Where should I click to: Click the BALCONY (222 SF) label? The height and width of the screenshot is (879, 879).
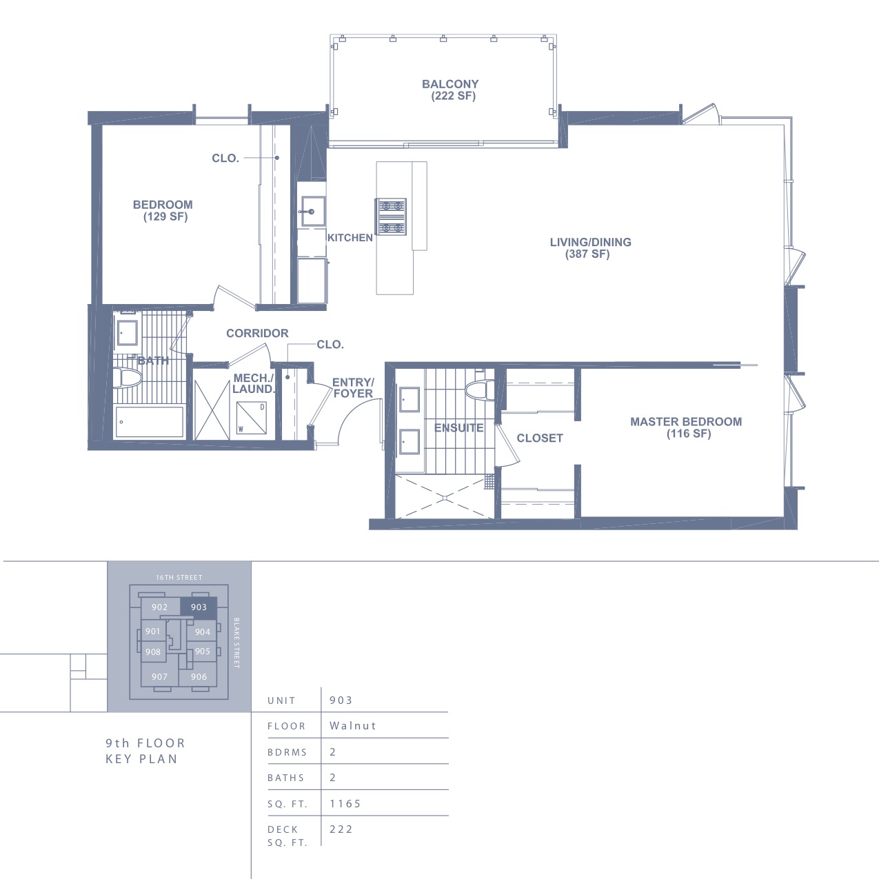tap(450, 90)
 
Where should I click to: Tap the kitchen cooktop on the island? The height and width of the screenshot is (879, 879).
tap(390, 216)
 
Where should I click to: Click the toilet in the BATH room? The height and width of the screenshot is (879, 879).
tap(128, 378)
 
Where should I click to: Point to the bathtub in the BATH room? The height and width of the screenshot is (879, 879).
tap(150, 422)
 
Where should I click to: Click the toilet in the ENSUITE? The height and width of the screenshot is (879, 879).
tap(479, 390)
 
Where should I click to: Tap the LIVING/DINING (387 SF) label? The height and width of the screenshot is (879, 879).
tap(590, 247)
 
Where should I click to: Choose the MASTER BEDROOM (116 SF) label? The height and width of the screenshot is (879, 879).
tap(686, 427)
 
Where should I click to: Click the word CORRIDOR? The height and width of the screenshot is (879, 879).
tap(257, 333)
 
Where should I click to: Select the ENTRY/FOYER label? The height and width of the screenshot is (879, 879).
tap(353, 387)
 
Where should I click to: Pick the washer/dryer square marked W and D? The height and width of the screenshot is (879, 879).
tap(252, 418)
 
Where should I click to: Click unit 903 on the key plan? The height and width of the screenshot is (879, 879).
tap(199, 607)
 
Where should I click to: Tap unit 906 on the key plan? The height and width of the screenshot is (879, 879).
tap(199, 676)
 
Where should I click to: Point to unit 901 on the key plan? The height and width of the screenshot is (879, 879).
tap(153, 632)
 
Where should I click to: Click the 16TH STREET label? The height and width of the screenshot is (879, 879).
tap(179, 578)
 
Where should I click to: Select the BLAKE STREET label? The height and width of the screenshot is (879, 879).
tap(236, 643)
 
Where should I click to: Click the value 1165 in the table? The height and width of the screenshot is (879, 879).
tap(345, 803)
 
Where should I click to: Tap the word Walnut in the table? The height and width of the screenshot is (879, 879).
tap(353, 725)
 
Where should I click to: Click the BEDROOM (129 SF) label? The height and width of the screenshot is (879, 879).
tap(163, 210)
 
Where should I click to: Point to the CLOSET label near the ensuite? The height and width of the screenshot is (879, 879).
tap(540, 438)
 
